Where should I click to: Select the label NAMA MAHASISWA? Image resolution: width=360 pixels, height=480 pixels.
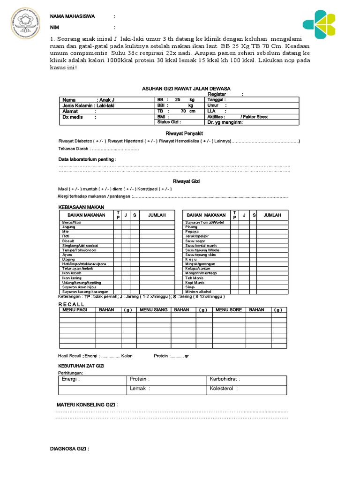tap(73, 16)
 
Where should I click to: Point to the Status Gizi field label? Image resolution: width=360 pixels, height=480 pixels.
tap(169, 122)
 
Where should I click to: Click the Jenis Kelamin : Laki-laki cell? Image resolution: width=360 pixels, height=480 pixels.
tap(89, 105)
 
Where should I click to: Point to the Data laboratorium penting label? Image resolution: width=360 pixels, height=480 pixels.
tap(87, 159)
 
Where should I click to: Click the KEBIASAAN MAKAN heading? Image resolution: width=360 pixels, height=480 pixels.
tap(81, 207)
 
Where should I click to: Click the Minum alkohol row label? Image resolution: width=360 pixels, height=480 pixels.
tap(198, 292)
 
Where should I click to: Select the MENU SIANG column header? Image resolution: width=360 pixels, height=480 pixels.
tap(153, 310)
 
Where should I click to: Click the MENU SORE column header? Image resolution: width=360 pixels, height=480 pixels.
tap(229, 310)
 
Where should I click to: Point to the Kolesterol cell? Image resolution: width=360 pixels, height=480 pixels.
tap(224, 389)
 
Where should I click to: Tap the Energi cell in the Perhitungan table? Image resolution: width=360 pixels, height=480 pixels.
tap(71, 379)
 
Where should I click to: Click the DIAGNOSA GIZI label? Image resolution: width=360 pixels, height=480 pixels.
tap(70, 449)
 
